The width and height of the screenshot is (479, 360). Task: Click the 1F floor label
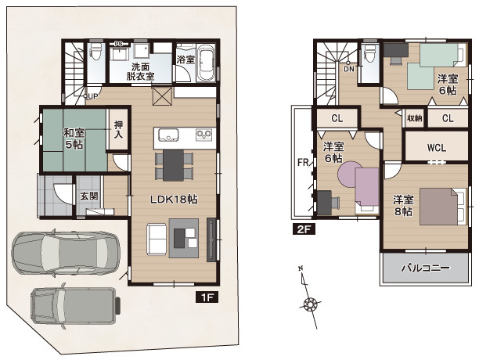point(207,297)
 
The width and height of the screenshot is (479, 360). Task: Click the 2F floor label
point(304,229)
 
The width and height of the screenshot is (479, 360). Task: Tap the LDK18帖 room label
point(174,200)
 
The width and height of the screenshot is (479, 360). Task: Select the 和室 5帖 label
point(74,139)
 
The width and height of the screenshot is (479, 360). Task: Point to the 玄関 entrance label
point(89,196)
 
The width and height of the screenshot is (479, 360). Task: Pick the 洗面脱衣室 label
point(141,71)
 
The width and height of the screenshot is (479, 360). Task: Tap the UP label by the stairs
point(93,96)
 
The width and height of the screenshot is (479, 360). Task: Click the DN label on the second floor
point(349,69)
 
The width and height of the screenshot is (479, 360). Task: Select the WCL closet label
point(437,148)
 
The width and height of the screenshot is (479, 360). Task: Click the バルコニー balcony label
point(425,268)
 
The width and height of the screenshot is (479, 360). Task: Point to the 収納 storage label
point(415,118)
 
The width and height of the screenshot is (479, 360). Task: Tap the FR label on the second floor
point(303,163)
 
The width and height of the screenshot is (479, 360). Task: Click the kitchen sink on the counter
point(167,135)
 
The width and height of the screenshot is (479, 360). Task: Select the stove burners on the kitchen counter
point(204,134)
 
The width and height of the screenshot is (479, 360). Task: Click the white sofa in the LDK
point(157,239)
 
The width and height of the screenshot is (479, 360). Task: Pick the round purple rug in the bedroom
point(348,172)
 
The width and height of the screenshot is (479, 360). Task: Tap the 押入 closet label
point(118,129)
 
